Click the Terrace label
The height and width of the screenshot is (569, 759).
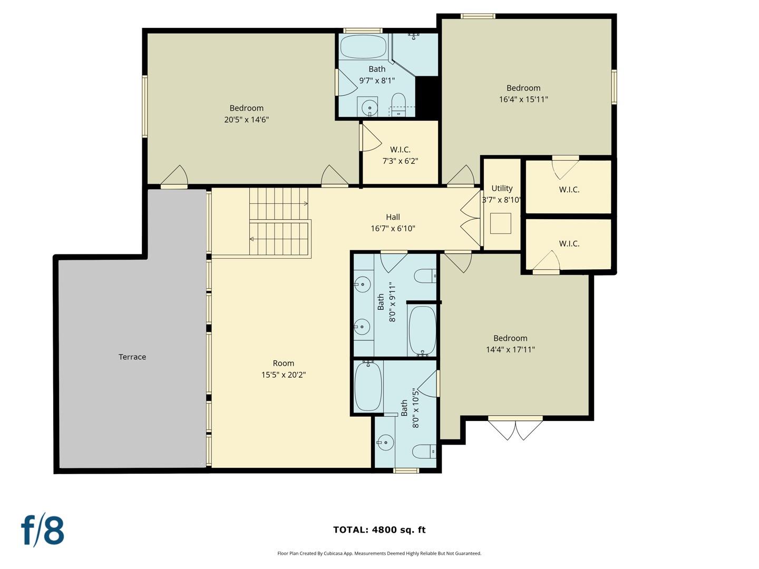[x=132, y=357]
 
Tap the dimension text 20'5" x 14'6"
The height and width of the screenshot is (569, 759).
[x=246, y=120]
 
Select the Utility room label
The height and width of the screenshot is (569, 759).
[x=502, y=188]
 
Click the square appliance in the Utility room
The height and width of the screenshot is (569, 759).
[x=501, y=223]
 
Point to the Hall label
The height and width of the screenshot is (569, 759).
[x=393, y=217]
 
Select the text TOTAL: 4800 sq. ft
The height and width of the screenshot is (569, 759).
[x=379, y=530]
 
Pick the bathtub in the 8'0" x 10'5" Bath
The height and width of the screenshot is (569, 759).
[x=368, y=387]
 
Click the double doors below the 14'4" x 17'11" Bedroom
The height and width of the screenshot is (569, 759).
[x=515, y=428]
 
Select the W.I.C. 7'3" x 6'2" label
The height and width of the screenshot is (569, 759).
[x=400, y=155]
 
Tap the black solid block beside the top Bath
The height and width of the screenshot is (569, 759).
[x=427, y=97]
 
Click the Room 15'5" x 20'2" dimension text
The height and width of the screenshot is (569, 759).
[x=283, y=375]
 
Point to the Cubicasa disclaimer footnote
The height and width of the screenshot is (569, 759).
[x=379, y=553]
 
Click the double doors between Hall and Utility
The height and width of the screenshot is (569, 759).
[x=471, y=218]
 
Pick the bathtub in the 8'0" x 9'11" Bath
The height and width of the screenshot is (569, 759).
[x=422, y=330]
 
